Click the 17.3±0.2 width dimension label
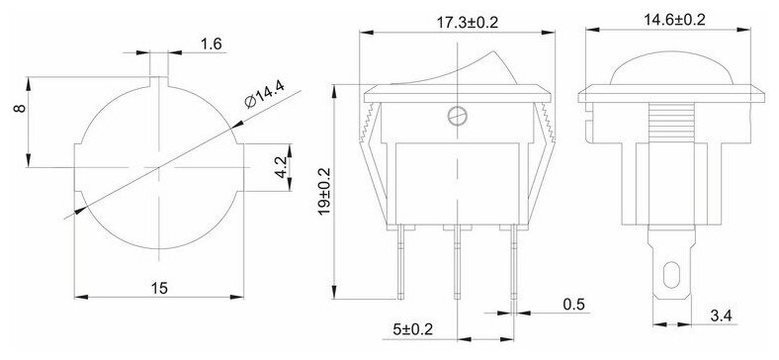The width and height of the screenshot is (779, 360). point(467,23)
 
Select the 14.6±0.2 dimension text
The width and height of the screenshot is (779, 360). point(674,20)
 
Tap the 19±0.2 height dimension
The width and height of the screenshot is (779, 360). point(324,192)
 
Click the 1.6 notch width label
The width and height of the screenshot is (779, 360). point(212,45)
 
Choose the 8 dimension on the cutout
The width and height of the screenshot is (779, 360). point(20,108)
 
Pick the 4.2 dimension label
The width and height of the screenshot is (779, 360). point(280,167)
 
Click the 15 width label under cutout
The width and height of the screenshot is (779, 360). point(159,288)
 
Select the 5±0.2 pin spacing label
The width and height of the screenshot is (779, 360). point(413,328)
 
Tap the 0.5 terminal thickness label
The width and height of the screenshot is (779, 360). point(574,304)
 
